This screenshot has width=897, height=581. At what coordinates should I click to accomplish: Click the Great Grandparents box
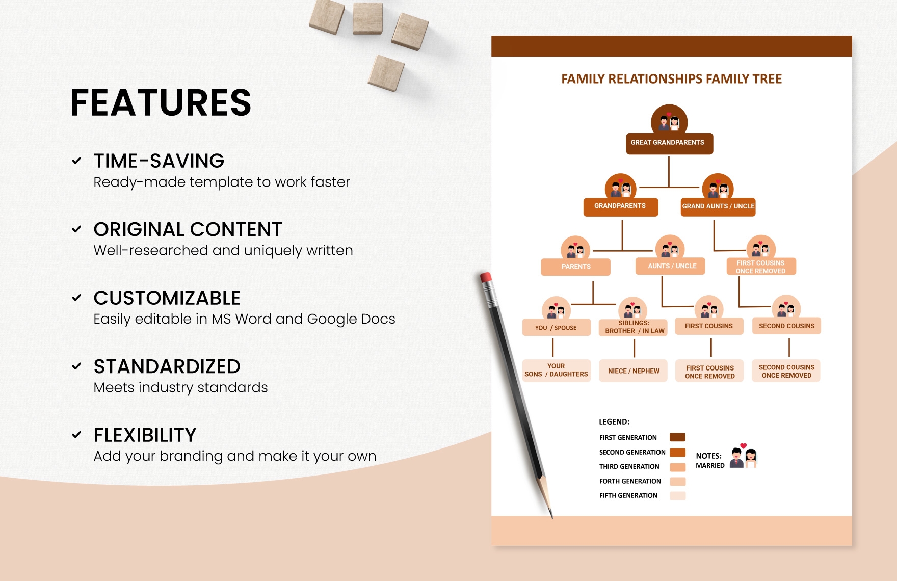click(x=669, y=143)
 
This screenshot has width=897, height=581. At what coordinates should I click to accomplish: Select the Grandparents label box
click(x=620, y=206)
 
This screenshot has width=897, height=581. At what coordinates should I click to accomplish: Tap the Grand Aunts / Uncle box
click(x=718, y=207)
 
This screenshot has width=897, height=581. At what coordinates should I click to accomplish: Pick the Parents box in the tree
click(x=575, y=267)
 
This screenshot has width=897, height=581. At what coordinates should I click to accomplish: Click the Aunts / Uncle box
click(x=671, y=266)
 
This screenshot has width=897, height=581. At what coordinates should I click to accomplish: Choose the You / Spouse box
click(x=556, y=328)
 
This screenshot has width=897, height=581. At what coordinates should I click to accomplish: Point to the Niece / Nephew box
click(x=633, y=371)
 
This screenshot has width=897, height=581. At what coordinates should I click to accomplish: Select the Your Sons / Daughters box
click(x=556, y=371)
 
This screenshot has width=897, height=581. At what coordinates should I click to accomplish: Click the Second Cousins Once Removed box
click(x=786, y=371)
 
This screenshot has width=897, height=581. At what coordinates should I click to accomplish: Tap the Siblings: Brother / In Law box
click(x=633, y=327)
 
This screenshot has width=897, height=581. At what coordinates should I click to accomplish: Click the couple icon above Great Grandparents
click(x=669, y=121)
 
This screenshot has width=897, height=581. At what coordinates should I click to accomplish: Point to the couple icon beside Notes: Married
click(x=744, y=456)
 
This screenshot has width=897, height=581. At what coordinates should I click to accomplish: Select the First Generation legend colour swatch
click(x=677, y=437)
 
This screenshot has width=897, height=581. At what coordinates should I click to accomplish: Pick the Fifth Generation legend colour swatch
click(x=677, y=495)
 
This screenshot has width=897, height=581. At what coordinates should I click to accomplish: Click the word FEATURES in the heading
click(x=161, y=103)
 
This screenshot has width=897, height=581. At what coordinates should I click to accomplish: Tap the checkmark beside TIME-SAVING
click(x=76, y=161)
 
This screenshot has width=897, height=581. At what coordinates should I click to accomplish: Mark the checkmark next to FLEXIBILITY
click(x=76, y=435)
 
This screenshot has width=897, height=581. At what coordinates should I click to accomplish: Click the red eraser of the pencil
click(x=485, y=278)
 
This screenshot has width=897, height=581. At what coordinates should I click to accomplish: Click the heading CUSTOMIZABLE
click(x=167, y=298)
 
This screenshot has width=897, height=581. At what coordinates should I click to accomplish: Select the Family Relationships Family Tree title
click(x=671, y=79)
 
